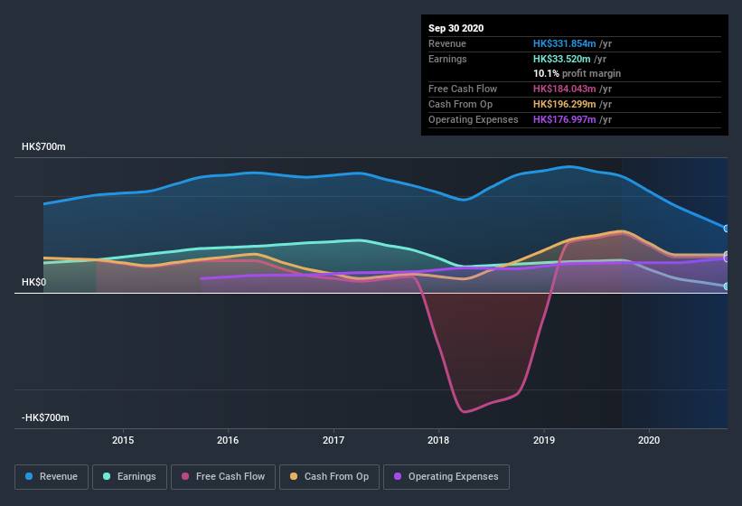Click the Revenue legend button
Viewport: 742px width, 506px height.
pos(52,476)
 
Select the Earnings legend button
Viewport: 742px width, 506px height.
pos(128,476)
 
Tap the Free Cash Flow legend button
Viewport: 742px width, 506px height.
pos(223,476)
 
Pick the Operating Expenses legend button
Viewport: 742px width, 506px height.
pos(446,476)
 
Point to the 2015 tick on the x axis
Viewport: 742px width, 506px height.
pos(123,440)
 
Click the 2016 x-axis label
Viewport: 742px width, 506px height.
pos(228,440)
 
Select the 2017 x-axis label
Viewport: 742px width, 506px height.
pos(333,440)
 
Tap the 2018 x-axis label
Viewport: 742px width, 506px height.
pos(439,440)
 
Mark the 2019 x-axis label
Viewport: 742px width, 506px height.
pos(544,440)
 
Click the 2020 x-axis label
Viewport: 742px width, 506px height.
pos(649,440)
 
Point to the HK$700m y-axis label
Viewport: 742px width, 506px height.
pos(44,146)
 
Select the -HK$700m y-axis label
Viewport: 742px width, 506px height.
pos(46,418)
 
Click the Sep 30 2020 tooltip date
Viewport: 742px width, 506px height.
pos(456,28)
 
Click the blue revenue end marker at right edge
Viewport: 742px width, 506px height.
pos(726,229)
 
